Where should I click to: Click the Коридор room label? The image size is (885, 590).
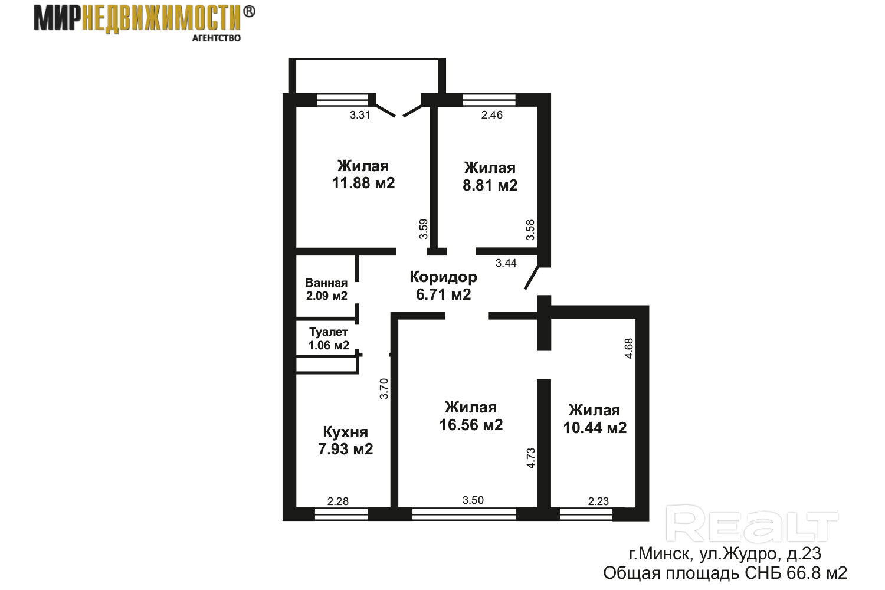(x=443, y=277)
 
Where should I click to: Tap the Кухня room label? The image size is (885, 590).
(x=345, y=432)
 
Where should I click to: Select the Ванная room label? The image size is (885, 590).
(x=326, y=283)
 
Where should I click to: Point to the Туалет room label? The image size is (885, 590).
(x=328, y=332)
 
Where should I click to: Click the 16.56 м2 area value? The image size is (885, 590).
(x=471, y=425)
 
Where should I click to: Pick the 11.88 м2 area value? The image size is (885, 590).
(x=363, y=183)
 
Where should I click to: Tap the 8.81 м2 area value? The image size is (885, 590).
(x=490, y=185)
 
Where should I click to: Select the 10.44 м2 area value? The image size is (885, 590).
(x=595, y=428)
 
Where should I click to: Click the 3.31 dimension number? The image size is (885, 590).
(x=360, y=115)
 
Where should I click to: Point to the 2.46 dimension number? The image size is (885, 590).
(x=492, y=115)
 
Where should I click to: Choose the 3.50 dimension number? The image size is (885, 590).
(x=473, y=500)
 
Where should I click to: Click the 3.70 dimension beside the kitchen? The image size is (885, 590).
(x=384, y=389)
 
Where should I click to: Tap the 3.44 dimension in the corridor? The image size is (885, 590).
(x=506, y=263)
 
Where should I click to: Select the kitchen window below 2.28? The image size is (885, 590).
(x=342, y=514)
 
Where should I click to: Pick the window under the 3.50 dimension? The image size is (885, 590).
(x=464, y=514)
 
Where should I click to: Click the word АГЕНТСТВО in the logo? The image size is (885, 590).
(x=216, y=38)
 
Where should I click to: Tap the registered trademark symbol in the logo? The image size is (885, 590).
(x=248, y=12)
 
